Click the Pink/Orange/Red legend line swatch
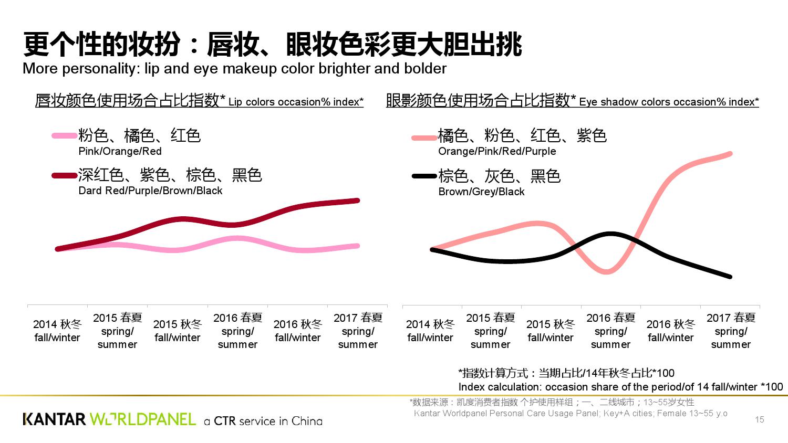tap(65, 136)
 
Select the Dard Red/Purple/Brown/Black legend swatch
tap(65, 176)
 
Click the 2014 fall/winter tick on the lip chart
tap(57, 331)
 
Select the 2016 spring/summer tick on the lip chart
tap(237, 331)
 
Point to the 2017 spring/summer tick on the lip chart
tap(358, 331)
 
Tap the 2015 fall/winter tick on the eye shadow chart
tap(551, 331)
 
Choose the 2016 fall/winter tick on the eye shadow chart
tap(671, 331)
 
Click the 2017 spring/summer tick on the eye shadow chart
tap(731, 331)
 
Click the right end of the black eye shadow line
tap(730, 277)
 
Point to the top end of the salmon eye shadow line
tap(730, 154)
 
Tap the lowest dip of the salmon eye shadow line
tap(607, 272)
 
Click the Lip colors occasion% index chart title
tap(199, 100)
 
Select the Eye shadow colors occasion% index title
tap(572, 100)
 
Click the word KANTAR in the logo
tap(54, 419)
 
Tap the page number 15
tap(759, 419)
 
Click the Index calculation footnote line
tap(620, 387)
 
